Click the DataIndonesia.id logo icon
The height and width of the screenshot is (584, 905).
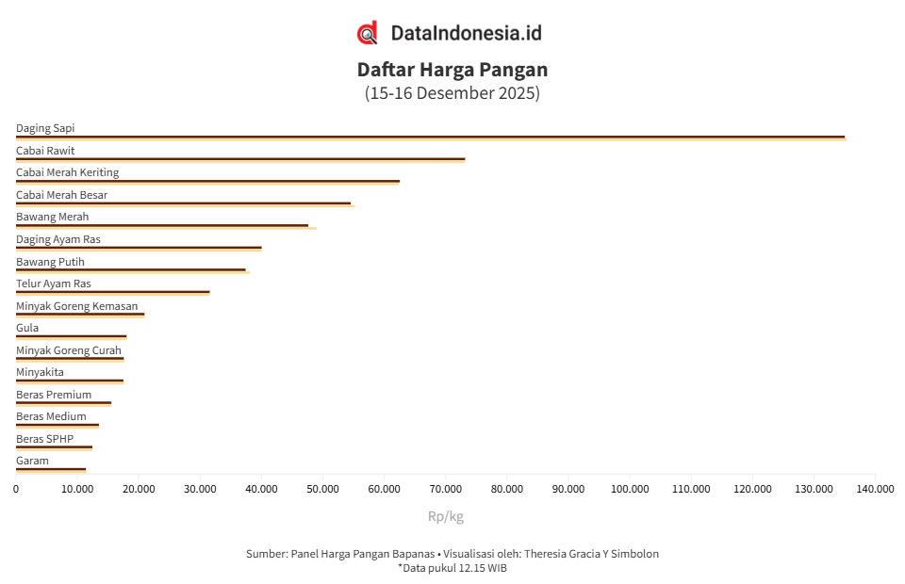[368, 33]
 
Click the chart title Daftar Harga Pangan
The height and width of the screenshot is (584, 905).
[452, 70]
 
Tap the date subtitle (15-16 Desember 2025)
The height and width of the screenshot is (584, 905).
[452, 93]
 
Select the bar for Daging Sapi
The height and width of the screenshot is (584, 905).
[430, 138]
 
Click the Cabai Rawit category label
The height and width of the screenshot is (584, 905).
[45, 151]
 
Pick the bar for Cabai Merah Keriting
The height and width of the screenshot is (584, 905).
[207, 182]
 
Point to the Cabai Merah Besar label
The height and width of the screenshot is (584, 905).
[61, 195]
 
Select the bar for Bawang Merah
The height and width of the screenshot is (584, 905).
[162, 226]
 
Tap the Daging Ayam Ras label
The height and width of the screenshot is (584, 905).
[58, 239]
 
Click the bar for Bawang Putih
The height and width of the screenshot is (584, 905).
[131, 270]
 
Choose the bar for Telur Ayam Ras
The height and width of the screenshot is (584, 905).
[112, 293]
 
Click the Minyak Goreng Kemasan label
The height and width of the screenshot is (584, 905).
[76, 306]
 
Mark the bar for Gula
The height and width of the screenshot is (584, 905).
[71, 337]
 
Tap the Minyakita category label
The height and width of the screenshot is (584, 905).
[40, 372]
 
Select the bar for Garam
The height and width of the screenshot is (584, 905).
[51, 469]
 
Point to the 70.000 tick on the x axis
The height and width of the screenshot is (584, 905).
[446, 489]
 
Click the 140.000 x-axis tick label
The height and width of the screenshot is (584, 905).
[875, 489]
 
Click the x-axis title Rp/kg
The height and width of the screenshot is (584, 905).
[446, 516]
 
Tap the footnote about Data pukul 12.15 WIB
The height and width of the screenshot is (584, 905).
[452, 568]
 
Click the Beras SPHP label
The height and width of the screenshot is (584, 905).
[44, 439]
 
